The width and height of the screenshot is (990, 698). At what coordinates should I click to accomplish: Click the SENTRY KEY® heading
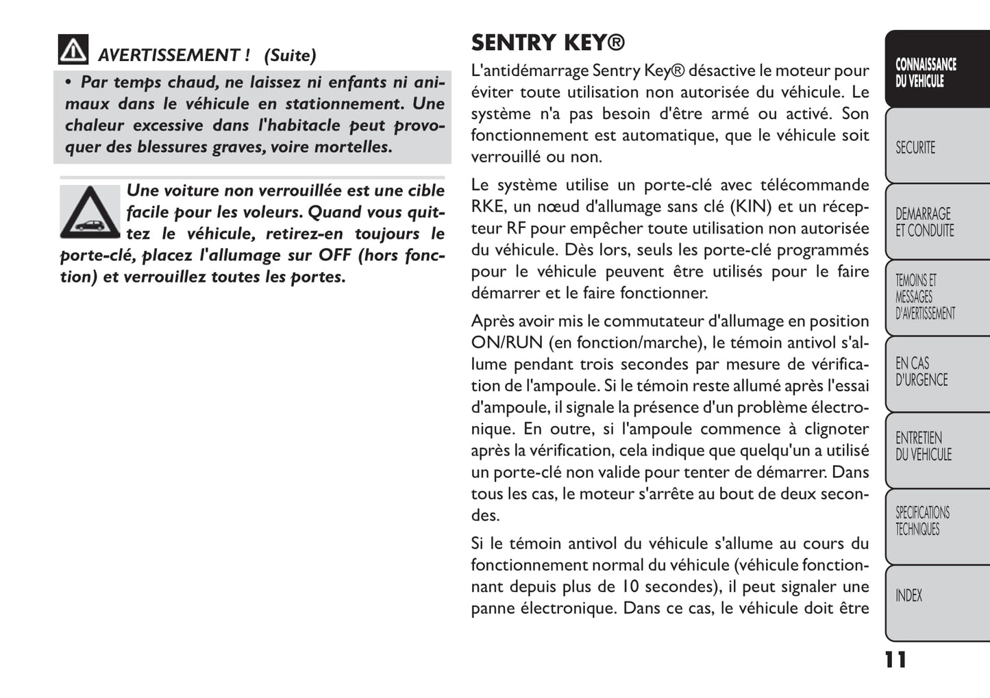coord(547,42)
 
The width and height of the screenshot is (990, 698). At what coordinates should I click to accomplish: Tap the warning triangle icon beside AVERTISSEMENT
coord(73,49)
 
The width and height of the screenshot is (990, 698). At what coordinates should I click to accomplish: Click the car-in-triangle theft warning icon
coord(90,211)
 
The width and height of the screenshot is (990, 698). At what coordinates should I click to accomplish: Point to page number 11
coord(895,660)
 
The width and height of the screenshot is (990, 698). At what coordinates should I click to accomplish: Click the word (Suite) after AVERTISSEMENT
coord(290,55)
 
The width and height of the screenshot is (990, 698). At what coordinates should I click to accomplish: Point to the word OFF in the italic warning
coord(335,255)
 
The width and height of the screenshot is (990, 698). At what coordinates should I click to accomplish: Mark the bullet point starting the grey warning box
coord(69,83)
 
